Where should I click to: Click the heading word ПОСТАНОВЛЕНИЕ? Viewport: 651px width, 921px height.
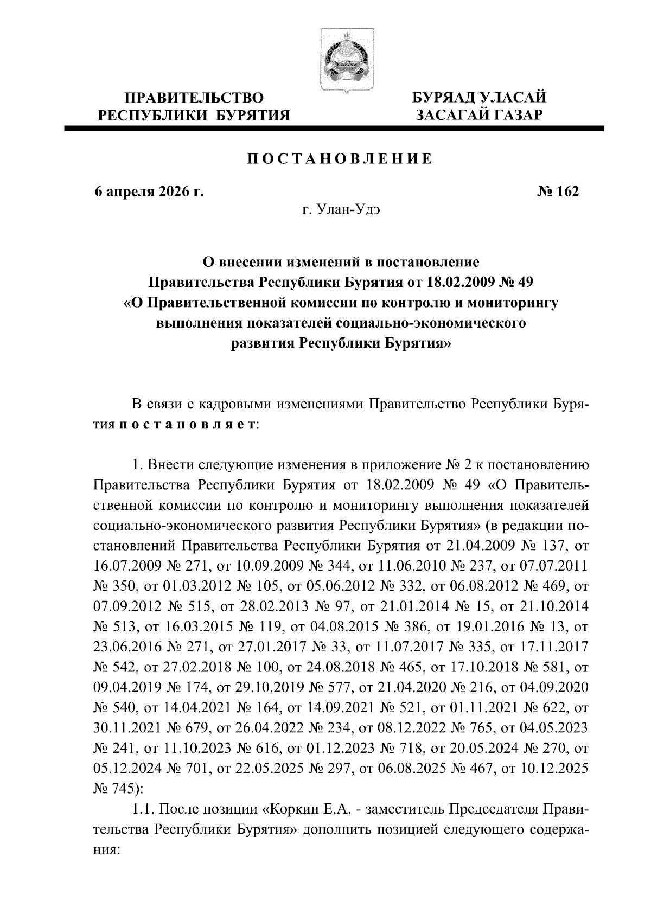[x=340, y=159]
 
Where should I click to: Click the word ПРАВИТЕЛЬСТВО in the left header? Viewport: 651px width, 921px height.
[x=194, y=99]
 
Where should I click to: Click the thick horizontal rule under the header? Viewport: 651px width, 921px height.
[x=334, y=129]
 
